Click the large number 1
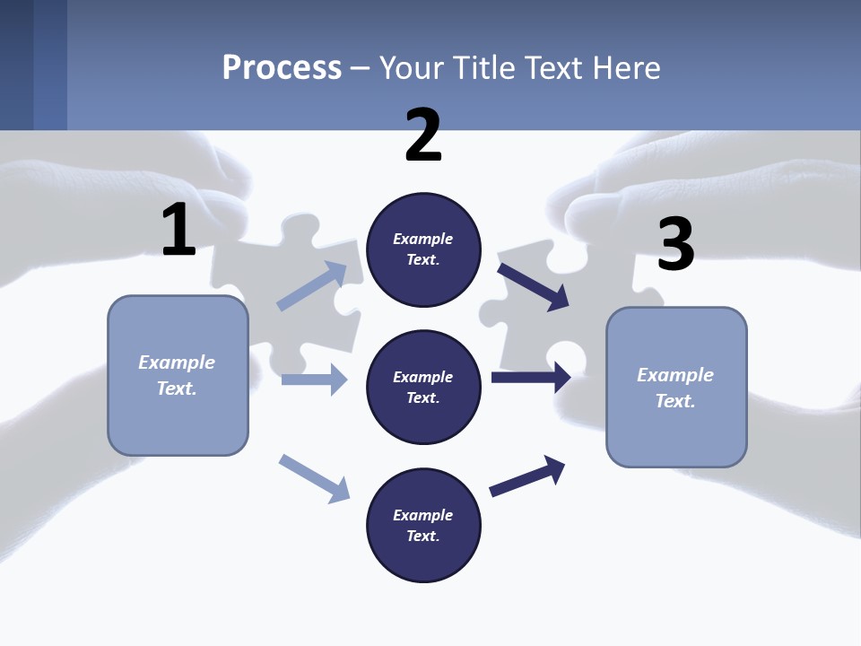(x=178, y=230)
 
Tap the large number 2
(x=423, y=135)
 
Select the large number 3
(x=675, y=244)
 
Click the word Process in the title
(x=282, y=67)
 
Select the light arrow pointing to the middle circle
(x=314, y=380)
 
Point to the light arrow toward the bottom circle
(x=314, y=478)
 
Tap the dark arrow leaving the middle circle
(x=531, y=378)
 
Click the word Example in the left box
(x=177, y=362)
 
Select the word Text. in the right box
(x=675, y=401)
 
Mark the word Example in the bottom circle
(x=423, y=515)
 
